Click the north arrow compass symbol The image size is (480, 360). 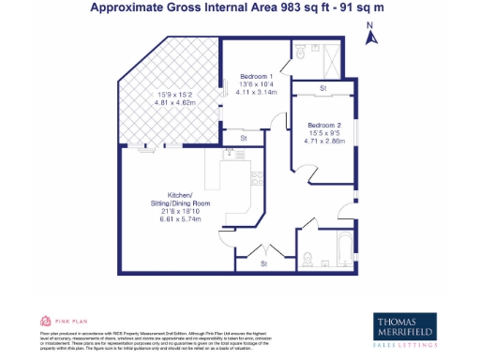371,37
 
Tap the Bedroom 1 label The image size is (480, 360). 256,76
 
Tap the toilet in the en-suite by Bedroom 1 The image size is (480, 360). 308,54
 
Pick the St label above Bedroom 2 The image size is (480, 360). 323,89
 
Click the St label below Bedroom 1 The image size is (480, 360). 243,139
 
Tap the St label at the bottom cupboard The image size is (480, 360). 263,263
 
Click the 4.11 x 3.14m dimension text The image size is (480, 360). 256,91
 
